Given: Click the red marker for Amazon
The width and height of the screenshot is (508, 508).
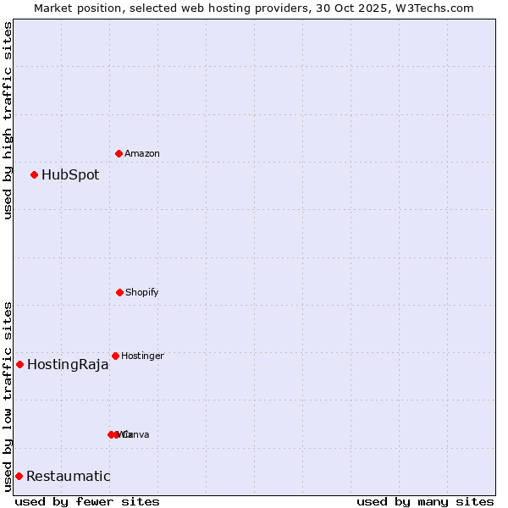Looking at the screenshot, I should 119,153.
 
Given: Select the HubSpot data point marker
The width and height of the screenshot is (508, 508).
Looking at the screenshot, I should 34,174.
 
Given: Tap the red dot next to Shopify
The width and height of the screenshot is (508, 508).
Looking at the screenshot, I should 119,292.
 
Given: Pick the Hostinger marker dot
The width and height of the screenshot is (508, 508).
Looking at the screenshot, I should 115,356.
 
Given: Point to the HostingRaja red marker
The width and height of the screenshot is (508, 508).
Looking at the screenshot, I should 19,364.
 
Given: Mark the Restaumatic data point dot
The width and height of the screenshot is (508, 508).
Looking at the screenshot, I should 19,476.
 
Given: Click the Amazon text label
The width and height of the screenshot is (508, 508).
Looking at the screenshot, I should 142,154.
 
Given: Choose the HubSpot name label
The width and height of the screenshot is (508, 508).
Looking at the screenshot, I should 70,175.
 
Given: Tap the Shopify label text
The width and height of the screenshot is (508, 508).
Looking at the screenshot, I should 142,293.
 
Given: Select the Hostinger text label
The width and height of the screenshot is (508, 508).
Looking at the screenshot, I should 142,356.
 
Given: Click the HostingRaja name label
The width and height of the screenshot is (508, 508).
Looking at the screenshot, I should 68,365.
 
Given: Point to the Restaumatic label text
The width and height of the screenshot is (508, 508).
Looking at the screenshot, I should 68,477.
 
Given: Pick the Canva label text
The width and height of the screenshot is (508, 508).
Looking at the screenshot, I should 135,435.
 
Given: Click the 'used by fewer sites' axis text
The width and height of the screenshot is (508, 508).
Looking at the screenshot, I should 87,501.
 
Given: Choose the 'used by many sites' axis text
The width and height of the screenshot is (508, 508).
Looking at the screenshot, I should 425,501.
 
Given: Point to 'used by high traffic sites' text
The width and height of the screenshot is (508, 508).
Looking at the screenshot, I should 8,120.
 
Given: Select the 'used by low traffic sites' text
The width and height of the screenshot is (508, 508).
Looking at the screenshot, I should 8,396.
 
